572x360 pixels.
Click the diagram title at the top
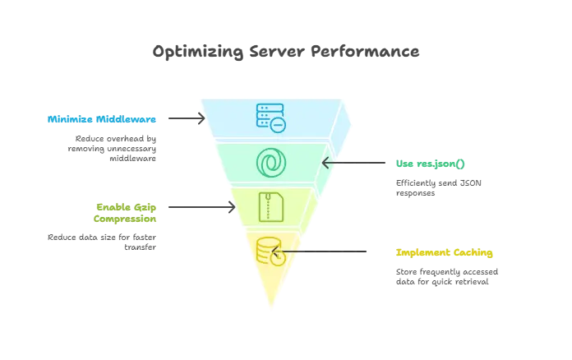[286, 53]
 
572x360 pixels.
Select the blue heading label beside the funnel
[101, 118]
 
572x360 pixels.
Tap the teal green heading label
[430, 164]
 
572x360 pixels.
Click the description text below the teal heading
[440, 187]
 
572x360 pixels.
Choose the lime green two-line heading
[125, 212]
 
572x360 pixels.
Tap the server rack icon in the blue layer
[270, 118]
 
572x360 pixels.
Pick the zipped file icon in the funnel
[270, 206]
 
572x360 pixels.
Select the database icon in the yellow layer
[269, 250]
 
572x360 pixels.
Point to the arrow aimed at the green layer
[345, 163]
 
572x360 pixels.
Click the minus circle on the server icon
[279, 125]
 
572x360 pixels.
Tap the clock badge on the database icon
[279, 258]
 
